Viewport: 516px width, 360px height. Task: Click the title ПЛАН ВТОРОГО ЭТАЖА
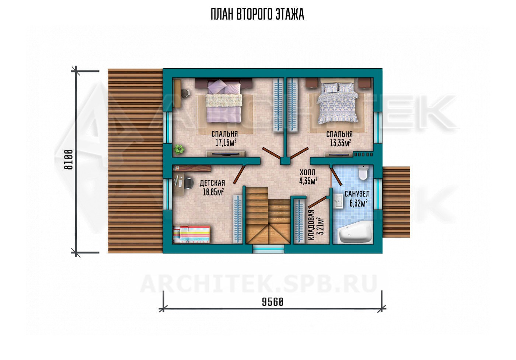click(257, 14)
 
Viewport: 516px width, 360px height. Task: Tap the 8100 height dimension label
click(69, 160)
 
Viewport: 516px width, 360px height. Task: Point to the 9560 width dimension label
click(273, 302)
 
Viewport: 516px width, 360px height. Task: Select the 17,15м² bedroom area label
click(226, 143)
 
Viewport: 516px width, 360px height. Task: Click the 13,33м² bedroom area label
click(341, 143)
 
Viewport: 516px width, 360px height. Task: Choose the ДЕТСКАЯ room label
click(212, 183)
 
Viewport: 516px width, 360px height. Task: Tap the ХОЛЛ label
click(307, 172)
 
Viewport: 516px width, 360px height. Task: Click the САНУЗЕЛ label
click(357, 194)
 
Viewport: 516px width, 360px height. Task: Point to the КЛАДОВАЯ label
click(311, 225)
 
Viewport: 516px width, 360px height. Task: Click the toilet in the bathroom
click(363, 173)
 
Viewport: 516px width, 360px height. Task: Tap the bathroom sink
click(338, 201)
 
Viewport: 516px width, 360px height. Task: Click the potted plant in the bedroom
click(179, 149)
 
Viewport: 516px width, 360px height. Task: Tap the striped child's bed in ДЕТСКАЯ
click(192, 235)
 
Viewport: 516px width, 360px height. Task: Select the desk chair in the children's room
click(189, 183)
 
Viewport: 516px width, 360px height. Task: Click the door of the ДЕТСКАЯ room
click(239, 174)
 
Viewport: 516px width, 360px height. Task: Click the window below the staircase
click(268, 249)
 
